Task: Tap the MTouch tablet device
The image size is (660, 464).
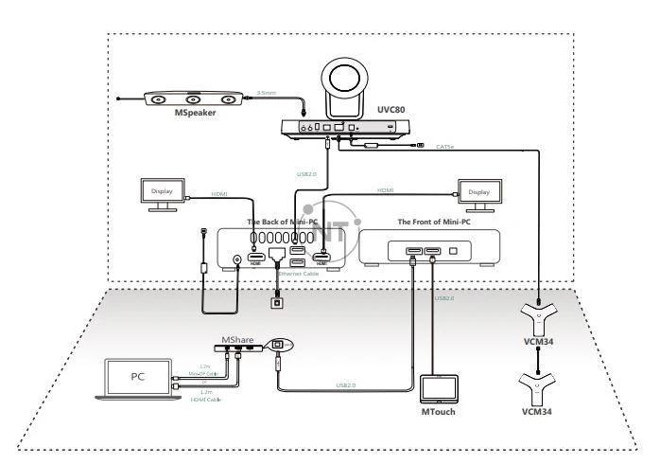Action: click(x=438, y=389)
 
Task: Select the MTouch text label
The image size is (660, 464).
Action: click(x=438, y=413)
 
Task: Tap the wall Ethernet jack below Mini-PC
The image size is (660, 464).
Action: click(x=277, y=304)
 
